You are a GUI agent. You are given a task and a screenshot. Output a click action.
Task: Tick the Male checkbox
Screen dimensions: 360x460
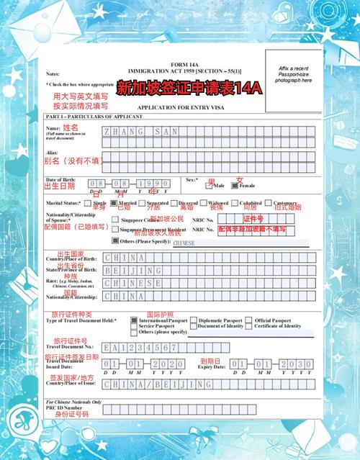[214, 185]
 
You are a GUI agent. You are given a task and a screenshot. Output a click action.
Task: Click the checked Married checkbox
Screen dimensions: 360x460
[112, 204]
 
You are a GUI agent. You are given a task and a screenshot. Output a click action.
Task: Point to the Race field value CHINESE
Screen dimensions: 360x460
[133, 283]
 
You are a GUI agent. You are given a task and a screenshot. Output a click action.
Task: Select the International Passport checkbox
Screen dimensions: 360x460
[134, 320]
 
